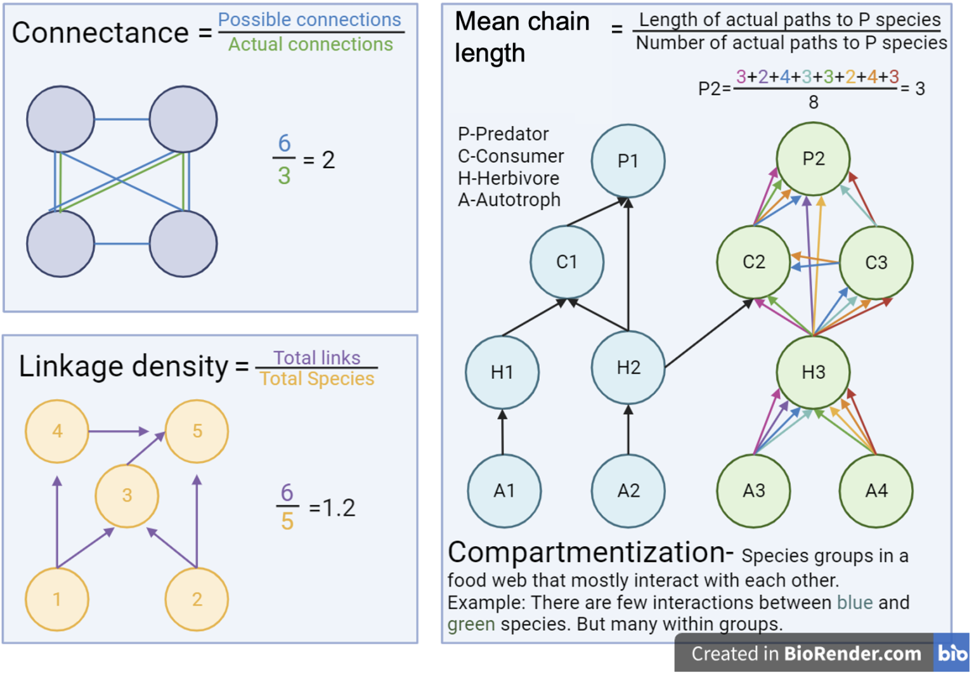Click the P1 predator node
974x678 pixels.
coord(628,161)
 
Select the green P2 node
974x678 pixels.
coord(813,159)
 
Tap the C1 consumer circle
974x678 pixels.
coord(566,262)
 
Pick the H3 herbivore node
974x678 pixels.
coord(813,372)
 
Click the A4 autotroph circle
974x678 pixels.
coord(876,490)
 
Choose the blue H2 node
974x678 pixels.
coord(628,368)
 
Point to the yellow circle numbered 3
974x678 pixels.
coord(127,495)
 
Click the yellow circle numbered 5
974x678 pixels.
coord(197,431)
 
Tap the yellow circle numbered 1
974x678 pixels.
coord(57,599)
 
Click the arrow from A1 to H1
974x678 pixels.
coord(502,433)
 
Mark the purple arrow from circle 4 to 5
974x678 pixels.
coord(118,431)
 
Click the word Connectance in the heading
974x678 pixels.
coord(100,33)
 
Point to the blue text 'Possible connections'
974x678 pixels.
coord(309,20)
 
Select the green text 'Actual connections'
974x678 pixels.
coord(310,44)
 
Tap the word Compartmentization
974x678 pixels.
coord(590,552)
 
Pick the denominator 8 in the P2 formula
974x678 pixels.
coord(813,102)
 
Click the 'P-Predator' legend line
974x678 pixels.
coord(503,134)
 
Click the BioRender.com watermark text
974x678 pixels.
coord(852,653)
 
